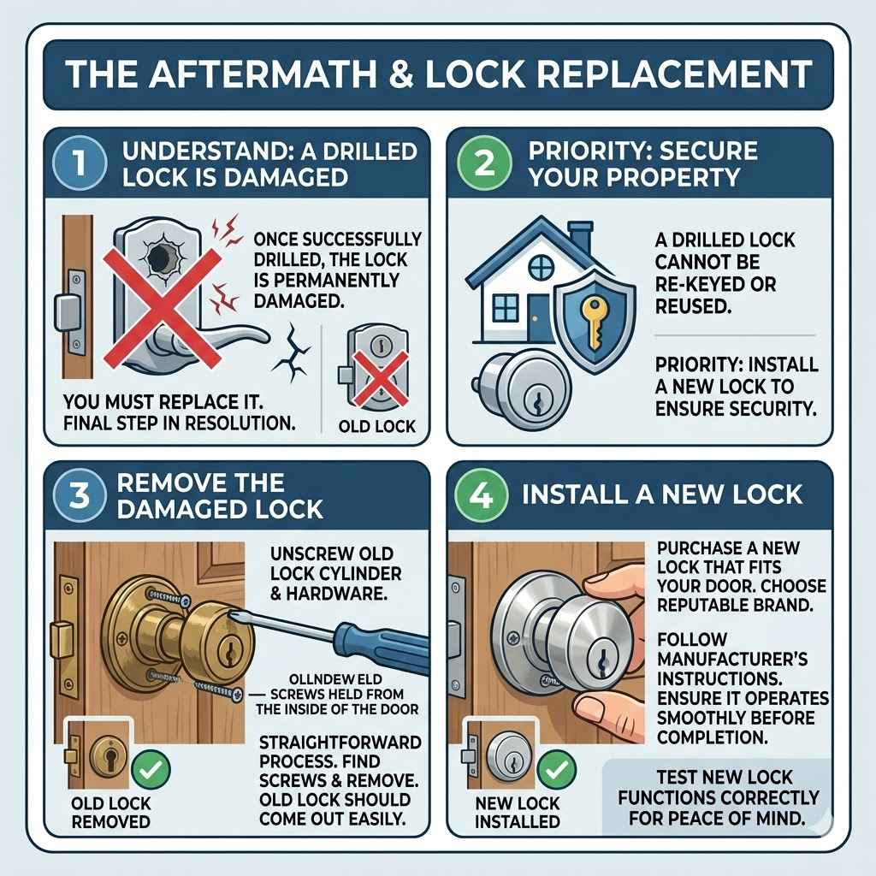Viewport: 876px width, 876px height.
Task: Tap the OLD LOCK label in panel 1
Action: pyautogui.click(x=377, y=426)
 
